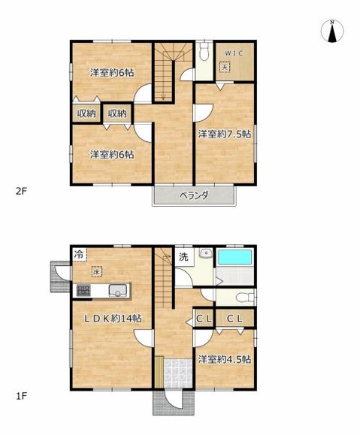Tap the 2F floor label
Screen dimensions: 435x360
(20, 191)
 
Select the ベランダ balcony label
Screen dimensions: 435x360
(194, 195)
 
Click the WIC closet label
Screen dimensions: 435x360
(237, 53)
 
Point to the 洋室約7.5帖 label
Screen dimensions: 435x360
(225, 134)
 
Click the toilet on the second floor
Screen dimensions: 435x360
(205, 53)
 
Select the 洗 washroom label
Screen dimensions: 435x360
(182, 257)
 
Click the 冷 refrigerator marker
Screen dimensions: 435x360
(79, 254)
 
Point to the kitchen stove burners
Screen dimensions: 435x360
(82, 291)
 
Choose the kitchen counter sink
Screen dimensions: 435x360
(118, 291)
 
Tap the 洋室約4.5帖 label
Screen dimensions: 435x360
(225, 359)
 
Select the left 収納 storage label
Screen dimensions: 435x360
(86, 113)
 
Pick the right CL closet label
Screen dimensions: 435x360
(234, 319)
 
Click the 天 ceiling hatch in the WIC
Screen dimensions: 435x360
(225, 67)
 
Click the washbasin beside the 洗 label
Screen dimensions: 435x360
(205, 255)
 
